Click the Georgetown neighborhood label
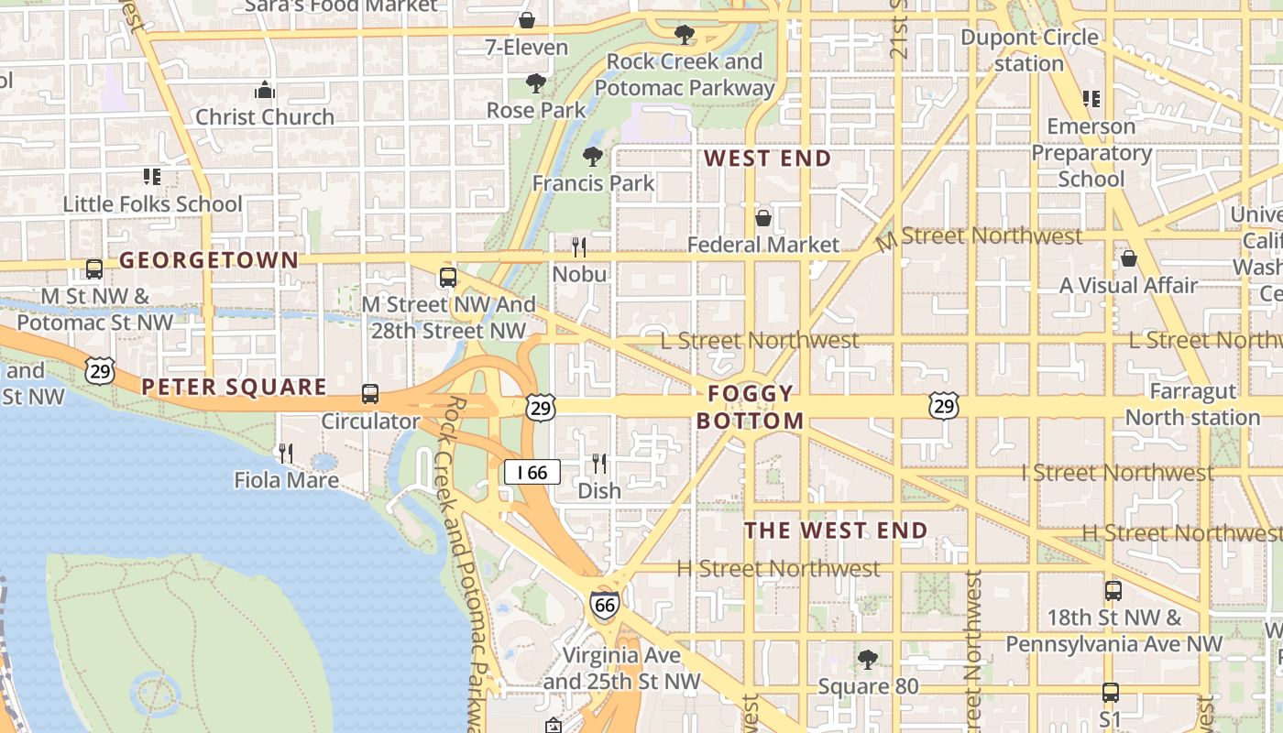[x=209, y=260]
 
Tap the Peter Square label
[x=235, y=387]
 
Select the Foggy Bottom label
[x=751, y=408]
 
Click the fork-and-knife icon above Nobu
[x=579, y=246]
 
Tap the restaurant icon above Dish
[x=599, y=464]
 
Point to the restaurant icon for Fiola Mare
[x=286, y=453]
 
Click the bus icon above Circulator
[x=370, y=394]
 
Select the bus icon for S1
[x=1111, y=693]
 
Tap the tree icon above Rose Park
[x=536, y=83]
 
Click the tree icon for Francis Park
[x=593, y=156]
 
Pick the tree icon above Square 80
[x=867, y=659]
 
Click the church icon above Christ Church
[x=265, y=90]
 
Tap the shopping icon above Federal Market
[x=762, y=218]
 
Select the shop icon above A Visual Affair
[x=1129, y=258]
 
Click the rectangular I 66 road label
[x=532, y=473]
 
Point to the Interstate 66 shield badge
[x=604, y=605]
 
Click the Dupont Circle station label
[x=1029, y=50]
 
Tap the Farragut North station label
[x=1192, y=404]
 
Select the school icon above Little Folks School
[x=152, y=176]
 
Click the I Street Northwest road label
[x=1118, y=473]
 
